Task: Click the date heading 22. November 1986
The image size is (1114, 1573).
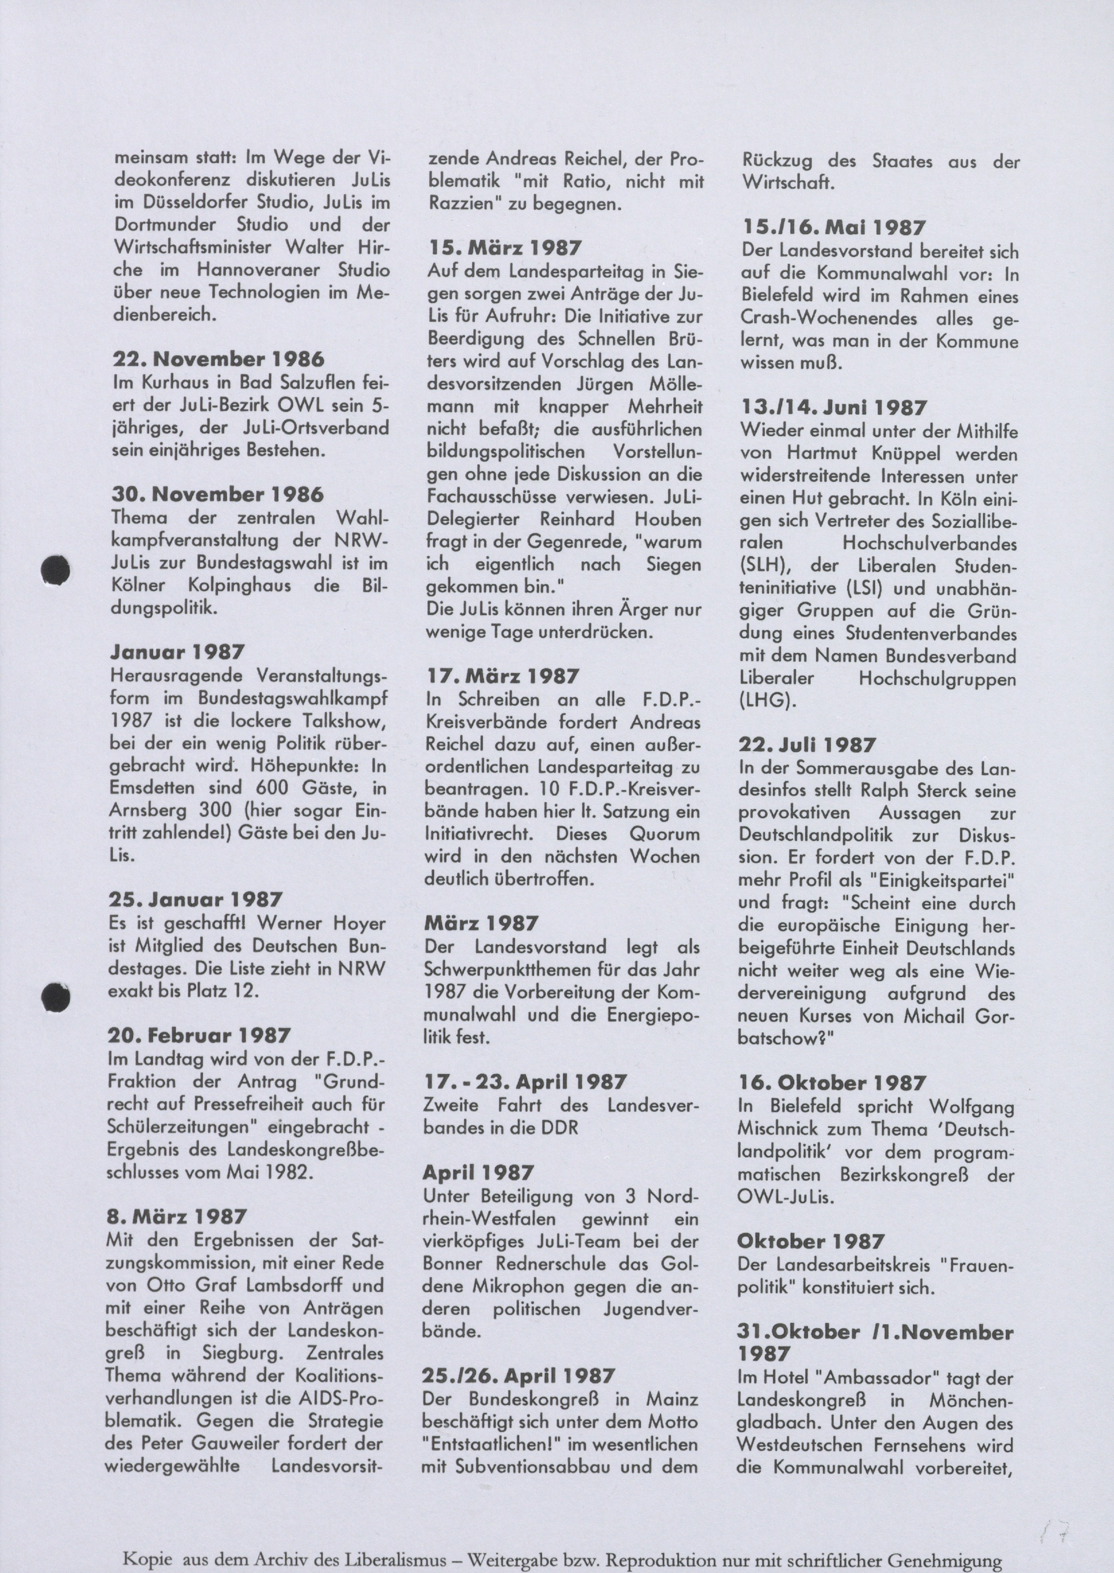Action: pyautogui.click(x=218, y=359)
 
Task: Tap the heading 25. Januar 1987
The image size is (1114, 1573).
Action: pyautogui.click(x=196, y=899)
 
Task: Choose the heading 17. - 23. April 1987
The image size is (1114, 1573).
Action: pyautogui.click(x=525, y=1082)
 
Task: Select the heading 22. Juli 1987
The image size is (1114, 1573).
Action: pyautogui.click(x=807, y=745)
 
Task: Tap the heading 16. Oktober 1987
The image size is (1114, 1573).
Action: pyautogui.click(x=832, y=1082)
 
